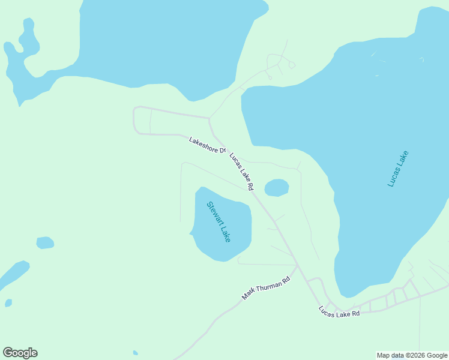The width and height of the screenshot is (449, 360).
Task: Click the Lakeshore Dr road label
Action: (207, 145)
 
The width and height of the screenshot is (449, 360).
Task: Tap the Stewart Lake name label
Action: (219, 221)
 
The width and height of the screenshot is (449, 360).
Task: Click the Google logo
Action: (20, 353)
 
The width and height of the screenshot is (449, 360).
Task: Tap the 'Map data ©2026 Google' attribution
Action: (412, 355)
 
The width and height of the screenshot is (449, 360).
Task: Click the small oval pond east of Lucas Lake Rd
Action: (277, 188)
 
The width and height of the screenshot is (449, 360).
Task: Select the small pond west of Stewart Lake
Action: (45, 242)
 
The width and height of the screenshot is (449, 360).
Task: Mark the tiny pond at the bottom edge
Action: (136, 353)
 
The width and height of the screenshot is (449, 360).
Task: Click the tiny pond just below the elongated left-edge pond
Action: (8, 303)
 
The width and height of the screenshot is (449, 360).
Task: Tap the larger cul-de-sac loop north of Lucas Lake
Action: (292, 65)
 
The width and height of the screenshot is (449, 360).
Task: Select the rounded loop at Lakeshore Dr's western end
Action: (136, 120)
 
